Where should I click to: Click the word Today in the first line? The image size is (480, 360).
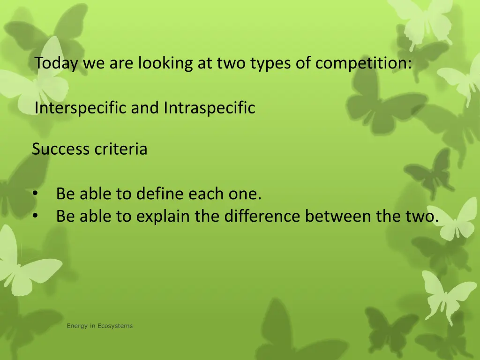[56, 63]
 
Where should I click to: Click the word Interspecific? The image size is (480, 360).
[81, 108]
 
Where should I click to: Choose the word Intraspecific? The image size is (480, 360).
[210, 108]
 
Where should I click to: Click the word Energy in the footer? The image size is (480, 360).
[76, 326]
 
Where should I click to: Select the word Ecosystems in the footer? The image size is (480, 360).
[115, 326]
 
